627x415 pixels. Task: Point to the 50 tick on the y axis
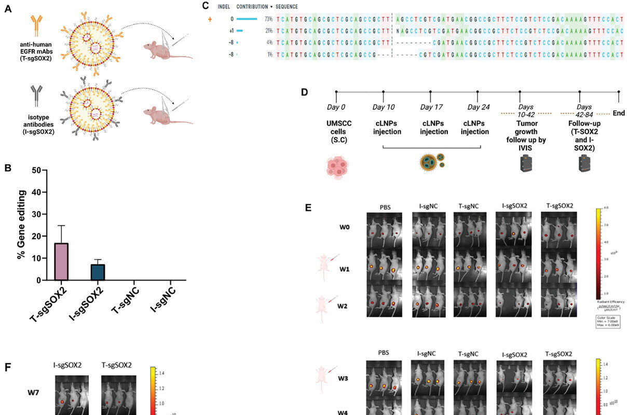click(36, 170)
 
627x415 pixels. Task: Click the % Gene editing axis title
click(21, 225)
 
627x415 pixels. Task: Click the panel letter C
click(206, 6)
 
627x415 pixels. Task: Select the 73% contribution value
click(268, 19)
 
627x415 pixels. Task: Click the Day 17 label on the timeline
click(430, 107)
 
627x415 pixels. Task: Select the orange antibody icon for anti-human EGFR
click(36, 25)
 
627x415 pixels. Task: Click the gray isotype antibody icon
click(36, 95)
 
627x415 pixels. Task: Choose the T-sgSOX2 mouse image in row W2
click(559, 300)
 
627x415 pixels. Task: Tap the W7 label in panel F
click(35, 392)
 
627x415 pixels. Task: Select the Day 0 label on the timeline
click(336, 107)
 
